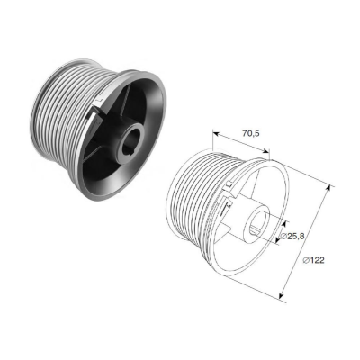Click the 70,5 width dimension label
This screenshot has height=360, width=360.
pos(250,134)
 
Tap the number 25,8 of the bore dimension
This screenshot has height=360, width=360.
pos(296,236)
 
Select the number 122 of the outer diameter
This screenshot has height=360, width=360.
pos(317,260)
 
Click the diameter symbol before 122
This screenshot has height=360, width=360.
pos(306,260)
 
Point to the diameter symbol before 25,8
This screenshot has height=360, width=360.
pos(284,236)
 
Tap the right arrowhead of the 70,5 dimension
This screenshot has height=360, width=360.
pos(266,151)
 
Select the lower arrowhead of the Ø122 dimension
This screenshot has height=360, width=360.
pos(282,295)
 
